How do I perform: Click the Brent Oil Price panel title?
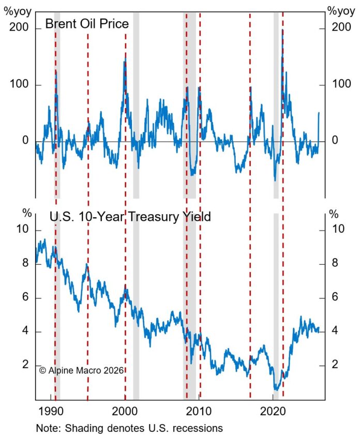(x=86, y=24)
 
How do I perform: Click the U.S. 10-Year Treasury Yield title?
(x=130, y=217)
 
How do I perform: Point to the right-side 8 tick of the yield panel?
(x=334, y=264)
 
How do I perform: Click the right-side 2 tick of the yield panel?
(x=334, y=365)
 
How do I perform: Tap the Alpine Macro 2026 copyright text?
(x=82, y=370)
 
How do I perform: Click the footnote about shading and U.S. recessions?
(x=129, y=428)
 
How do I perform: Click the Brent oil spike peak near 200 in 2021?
(x=282, y=30)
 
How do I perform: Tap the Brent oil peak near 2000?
(x=125, y=61)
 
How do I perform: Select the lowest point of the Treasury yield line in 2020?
(x=276, y=390)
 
